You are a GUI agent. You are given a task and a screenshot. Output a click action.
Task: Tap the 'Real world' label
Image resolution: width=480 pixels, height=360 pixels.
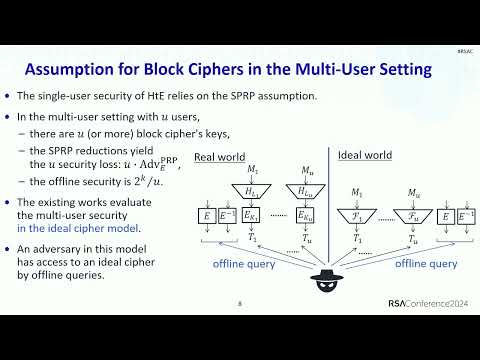(217, 157)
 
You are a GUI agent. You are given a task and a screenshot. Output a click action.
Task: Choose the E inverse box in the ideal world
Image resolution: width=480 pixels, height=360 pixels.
(464, 215)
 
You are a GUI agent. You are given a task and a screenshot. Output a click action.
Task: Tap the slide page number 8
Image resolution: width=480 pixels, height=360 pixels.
(240, 304)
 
